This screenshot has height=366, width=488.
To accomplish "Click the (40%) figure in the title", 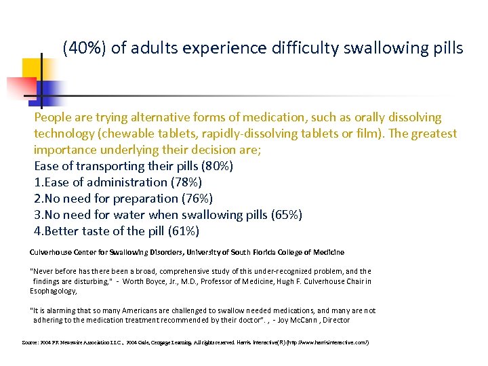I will (81, 49).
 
